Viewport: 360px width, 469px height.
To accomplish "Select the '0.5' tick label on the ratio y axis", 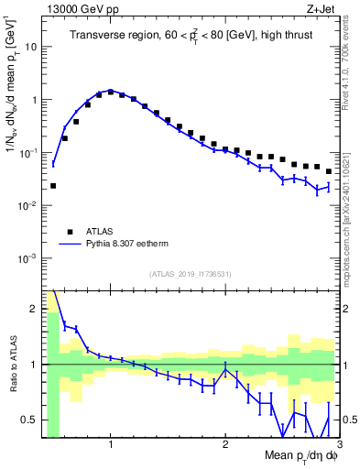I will click(29, 420).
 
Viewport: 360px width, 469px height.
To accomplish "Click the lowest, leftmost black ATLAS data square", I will click(53, 185).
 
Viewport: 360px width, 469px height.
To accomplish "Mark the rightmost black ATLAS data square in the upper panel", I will click(328, 171).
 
